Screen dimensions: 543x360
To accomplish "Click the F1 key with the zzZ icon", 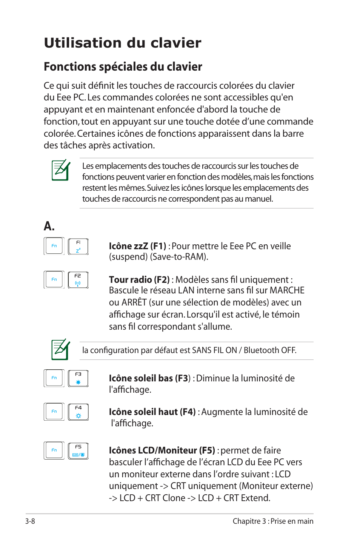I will tap(78, 247).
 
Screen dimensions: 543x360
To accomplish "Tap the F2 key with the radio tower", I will tap(78, 280).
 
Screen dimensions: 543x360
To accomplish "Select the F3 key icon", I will tap(78, 378).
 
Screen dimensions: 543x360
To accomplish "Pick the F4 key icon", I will tap(78, 412).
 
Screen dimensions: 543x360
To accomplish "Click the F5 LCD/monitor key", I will tap(78, 451).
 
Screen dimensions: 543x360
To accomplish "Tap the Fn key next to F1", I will tap(54, 246).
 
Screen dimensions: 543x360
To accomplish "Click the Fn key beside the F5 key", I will tap(54, 450).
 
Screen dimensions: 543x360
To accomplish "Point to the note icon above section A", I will tap(61, 170).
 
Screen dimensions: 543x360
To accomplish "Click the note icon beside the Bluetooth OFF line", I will tap(61, 349).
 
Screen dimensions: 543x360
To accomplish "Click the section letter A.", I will tap(49, 226).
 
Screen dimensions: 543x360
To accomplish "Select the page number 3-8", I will tap(30, 521).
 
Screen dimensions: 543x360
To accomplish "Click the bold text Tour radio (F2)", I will tap(139, 280).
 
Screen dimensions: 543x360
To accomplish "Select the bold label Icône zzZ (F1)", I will tap(137, 246).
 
